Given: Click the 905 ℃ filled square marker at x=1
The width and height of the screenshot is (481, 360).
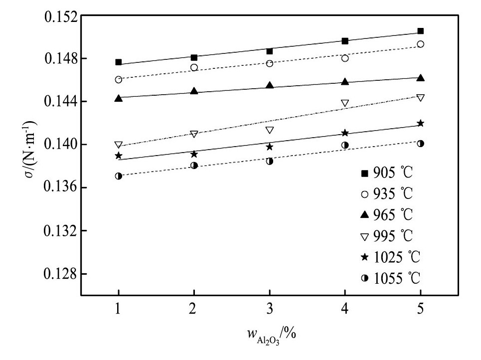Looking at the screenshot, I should tap(119, 62).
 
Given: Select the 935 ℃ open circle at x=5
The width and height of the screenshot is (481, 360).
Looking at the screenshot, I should tap(420, 44).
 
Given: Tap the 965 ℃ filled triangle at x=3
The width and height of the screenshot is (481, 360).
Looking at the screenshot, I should tap(270, 85).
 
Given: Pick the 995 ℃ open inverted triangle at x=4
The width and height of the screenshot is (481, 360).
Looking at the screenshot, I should tap(345, 103).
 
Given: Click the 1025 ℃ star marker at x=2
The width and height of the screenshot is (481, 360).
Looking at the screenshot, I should tap(194, 154).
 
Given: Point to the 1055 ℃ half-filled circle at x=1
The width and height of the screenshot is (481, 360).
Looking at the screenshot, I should tap(118, 176).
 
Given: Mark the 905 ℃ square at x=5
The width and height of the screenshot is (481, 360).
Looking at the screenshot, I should tap(420, 31).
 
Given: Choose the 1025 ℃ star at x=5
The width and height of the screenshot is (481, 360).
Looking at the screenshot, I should tap(420, 123).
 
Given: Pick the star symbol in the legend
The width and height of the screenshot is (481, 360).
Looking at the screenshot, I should tap(364, 257).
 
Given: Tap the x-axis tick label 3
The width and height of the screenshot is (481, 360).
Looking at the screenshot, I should tap(269, 309).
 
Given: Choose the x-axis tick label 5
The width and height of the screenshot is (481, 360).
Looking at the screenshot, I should tap(420, 309).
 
